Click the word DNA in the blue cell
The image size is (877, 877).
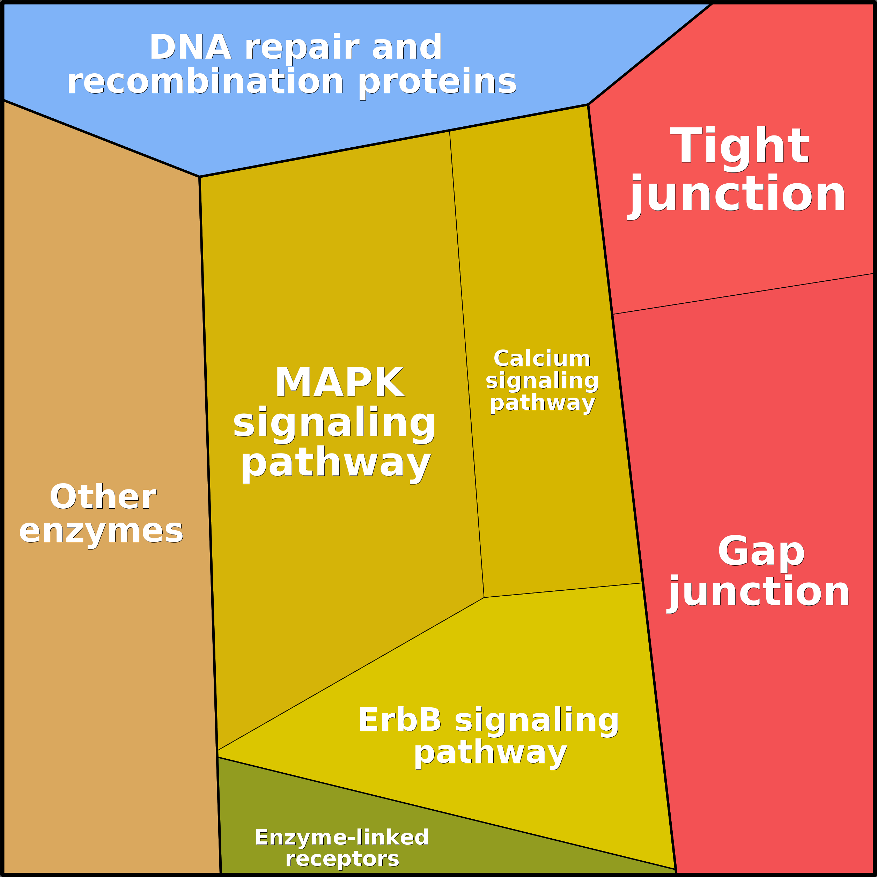[x=190, y=47]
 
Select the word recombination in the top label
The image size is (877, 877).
[x=205, y=82]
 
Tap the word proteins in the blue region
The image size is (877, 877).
[x=437, y=82]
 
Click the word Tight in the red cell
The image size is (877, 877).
[x=739, y=146]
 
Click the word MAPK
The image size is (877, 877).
[x=340, y=383]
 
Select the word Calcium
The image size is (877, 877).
[x=541, y=359]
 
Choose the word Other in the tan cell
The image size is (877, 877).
[x=103, y=497]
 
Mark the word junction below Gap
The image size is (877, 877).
[x=759, y=591]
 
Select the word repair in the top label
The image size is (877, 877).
[x=302, y=47]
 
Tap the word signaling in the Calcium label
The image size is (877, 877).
[x=542, y=381]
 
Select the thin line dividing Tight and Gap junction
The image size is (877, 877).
[x=744, y=293]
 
